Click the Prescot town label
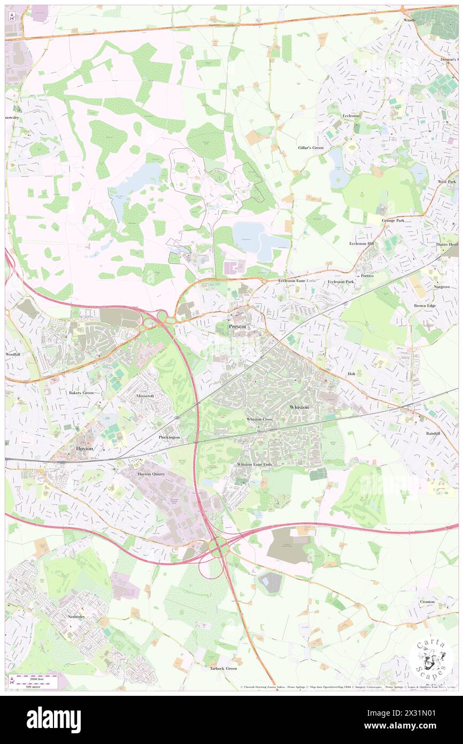point(238,326)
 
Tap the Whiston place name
point(299,407)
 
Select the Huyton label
point(85,449)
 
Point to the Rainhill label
point(433,434)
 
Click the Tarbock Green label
point(223,669)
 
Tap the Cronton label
point(427,602)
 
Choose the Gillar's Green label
point(311,147)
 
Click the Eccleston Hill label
point(362,244)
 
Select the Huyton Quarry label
point(151,474)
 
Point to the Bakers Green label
point(81,392)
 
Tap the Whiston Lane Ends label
point(254,464)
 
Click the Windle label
point(410,20)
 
